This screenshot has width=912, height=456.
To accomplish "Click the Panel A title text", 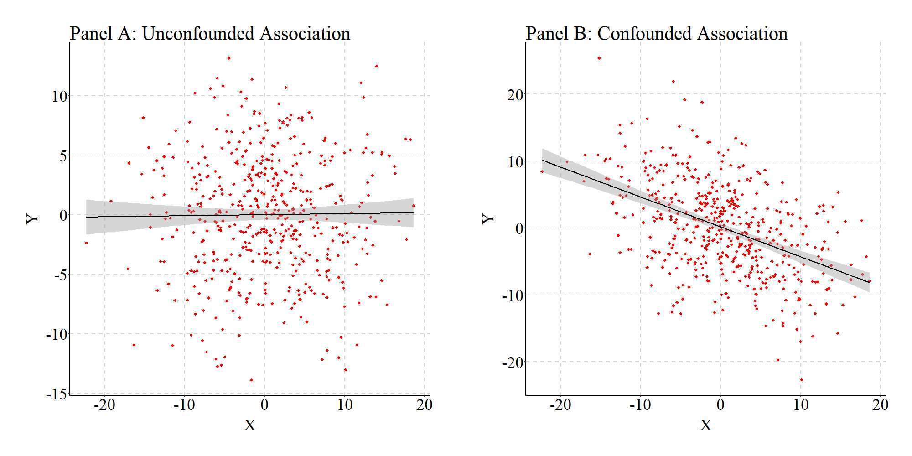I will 210,34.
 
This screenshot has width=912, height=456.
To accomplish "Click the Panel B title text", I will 657,34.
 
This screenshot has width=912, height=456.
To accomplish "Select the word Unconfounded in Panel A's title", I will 198,34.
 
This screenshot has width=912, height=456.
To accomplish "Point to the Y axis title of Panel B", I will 488,219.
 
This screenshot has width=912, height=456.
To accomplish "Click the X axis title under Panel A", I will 249,425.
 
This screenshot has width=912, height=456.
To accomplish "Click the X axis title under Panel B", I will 705,425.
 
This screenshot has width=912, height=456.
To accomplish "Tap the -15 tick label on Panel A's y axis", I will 56,394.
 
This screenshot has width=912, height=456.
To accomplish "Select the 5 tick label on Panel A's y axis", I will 63,156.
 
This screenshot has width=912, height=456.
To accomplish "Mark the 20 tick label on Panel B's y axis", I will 516,95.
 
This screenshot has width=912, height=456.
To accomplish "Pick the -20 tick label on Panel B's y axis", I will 513,363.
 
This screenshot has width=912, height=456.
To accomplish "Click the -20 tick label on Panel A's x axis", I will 104,405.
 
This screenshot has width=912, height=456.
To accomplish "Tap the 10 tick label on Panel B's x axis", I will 801,405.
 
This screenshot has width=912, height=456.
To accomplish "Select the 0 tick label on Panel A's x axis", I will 264,405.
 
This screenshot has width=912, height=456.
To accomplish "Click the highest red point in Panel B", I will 599,58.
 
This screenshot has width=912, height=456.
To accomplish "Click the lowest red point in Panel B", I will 801,379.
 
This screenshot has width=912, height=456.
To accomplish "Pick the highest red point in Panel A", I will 228,58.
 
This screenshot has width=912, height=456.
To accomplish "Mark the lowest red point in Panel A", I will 251,380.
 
